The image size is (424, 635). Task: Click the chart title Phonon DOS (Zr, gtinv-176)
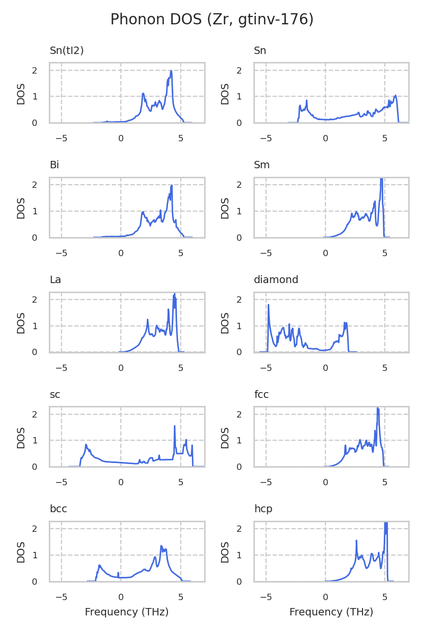click(x=212, y=20)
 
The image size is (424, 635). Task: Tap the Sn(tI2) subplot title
click(x=67, y=51)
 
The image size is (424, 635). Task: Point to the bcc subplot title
click(x=58, y=509)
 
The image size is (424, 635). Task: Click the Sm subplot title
click(x=262, y=165)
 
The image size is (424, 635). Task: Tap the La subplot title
click(x=55, y=280)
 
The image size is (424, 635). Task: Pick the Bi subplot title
click(x=54, y=165)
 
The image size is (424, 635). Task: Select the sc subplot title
click(x=55, y=395)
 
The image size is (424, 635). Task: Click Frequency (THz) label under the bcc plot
click(x=127, y=612)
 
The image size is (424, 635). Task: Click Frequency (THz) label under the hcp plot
click(x=331, y=612)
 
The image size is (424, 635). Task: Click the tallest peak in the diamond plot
click(x=269, y=305)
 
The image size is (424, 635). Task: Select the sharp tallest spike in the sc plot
click(x=175, y=426)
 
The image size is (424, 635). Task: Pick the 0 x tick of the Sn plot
click(x=325, y=139)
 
